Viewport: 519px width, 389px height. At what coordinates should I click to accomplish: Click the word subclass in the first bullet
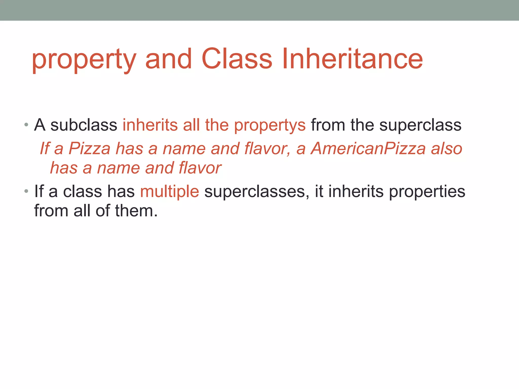tap(84, 125)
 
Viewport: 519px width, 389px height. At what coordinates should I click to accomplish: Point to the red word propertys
tap(270, 126)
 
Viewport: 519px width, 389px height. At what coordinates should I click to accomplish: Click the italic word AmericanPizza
tap(368, 148)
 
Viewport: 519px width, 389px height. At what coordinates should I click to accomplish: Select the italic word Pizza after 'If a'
tap(89, 148)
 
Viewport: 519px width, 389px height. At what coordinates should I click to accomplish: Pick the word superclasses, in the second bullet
tap(257, 192)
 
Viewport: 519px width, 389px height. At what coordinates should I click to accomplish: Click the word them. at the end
tap(136, 211)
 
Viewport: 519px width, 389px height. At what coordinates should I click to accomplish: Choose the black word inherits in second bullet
tap(356, 191)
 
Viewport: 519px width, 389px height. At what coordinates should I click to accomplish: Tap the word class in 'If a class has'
tap(82, 191)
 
